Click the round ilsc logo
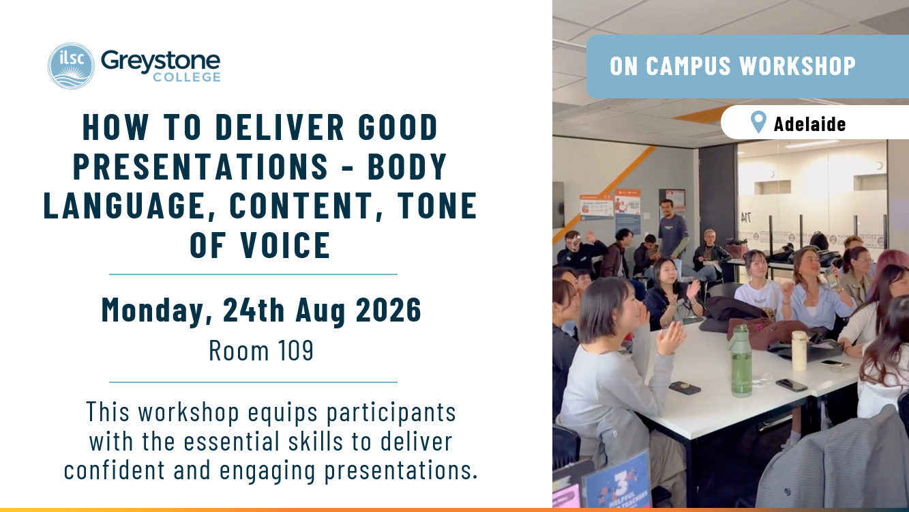(x=71, y=66)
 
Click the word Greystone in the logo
(x=160, y=61)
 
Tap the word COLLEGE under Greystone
(x=187, y=77)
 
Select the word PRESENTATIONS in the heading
(x=200, y=166)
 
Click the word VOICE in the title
(x=285, y=245)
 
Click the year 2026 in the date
(x=389, y=310)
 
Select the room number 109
(x=295, y=350)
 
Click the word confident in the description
(x=114, y=470)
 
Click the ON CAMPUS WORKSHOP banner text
(x=732, y=66)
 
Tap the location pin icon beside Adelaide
(x=758, y=122)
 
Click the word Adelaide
(x=809, y=124)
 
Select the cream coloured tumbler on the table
(x=799, y=350)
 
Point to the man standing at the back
(x=672, y=231)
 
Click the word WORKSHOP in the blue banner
(x=797, y=66)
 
